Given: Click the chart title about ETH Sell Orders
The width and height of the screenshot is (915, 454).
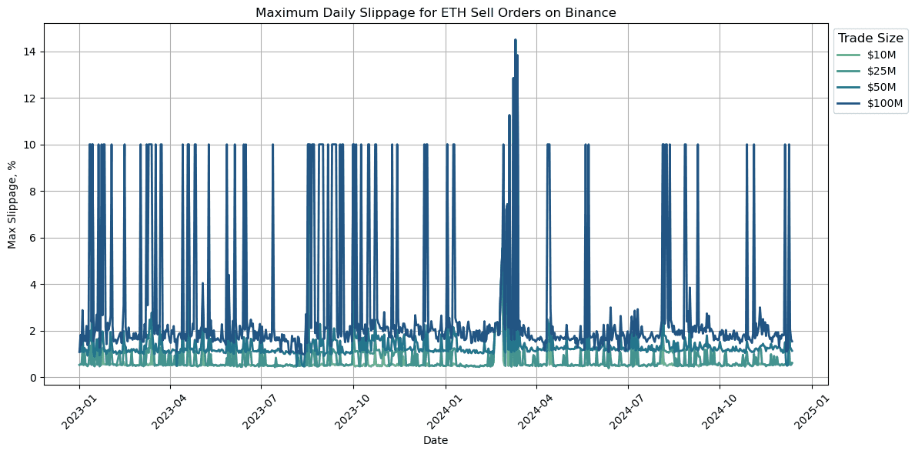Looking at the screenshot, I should tap(436, 12).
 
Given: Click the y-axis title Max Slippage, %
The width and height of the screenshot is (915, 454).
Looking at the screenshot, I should tap(12, 204).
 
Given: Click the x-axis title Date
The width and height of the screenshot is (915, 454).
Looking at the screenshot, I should tap(436, 440).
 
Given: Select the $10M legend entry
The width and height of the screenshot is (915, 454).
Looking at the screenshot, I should tap(881, 55).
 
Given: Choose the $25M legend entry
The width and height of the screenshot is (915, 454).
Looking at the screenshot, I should tap(881, 71).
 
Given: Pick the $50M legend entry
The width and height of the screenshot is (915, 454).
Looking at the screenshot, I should tap(881, 87).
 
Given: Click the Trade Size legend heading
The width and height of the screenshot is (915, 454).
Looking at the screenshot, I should tap(870, 38).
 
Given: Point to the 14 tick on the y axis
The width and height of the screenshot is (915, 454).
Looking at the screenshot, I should tap(32, 52).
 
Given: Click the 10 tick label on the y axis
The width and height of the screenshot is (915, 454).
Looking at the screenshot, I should tap(32, 145).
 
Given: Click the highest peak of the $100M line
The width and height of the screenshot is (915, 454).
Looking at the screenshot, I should tap(516, 40).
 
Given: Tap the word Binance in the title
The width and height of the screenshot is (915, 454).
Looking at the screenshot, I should tap(593, 12).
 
